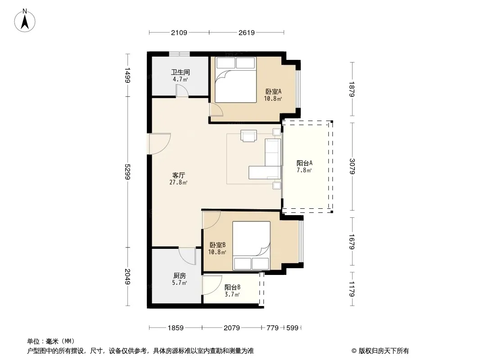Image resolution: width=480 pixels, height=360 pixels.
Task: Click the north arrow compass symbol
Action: tap(25, 21)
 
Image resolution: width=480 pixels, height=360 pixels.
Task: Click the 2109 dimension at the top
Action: tap(179, 32)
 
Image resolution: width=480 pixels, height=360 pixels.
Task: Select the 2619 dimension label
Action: tap(247, 32)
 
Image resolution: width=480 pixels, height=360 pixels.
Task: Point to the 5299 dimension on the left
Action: tap(127, 172)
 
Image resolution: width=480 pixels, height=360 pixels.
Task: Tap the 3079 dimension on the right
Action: tap(353, 166)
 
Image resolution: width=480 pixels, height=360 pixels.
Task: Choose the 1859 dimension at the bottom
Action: tap(176, 328)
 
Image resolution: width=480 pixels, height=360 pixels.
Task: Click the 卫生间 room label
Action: tap(180, 72)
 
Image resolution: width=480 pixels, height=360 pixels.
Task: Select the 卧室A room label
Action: tap(273, 91)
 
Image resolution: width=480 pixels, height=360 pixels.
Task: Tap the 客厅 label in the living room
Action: tap(178, 175)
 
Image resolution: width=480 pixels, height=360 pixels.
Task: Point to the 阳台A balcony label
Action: tap(304, 163)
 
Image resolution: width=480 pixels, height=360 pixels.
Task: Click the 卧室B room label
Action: tap(217, 245)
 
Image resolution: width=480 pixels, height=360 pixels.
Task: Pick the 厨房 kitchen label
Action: tap(179, 275)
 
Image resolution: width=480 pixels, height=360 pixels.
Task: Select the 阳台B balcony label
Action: tap(232, 287)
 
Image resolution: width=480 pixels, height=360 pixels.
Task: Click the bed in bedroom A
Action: tap(235, 80)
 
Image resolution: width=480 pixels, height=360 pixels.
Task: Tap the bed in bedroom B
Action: tap(251, 246)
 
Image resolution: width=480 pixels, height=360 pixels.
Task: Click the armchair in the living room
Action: tap(249, 136)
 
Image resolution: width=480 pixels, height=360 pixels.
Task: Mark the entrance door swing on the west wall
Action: tap(159, 144)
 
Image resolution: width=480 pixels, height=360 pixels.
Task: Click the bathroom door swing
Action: tap(182, 91)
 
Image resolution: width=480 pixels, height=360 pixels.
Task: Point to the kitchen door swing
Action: tap(187, 256)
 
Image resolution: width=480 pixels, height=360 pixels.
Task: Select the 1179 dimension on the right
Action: tap(353, 289)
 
